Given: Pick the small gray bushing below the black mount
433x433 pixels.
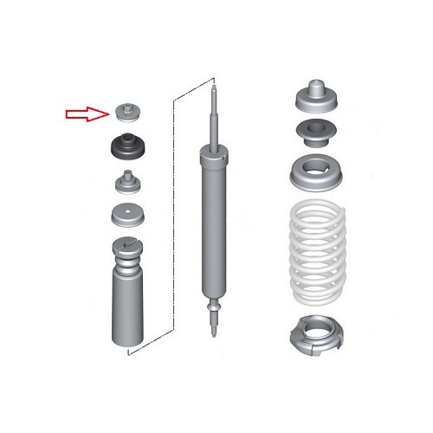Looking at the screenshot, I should tap(128, 184).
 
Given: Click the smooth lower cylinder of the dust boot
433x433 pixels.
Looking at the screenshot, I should tap(128, 312).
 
